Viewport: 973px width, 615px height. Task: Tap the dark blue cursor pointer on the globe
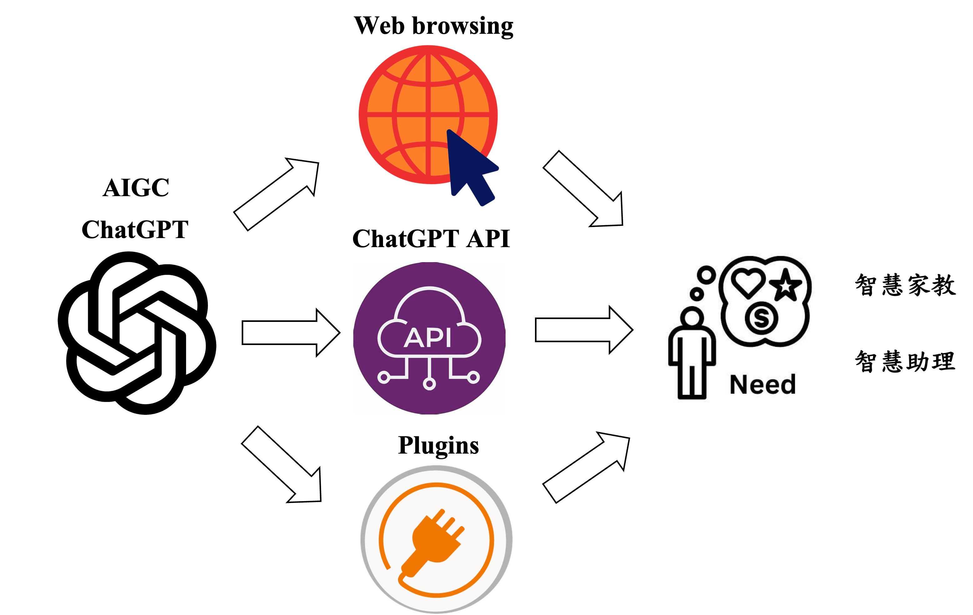click(x=469, y=166)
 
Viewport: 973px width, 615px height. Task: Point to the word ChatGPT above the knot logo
click(x=135, y=229)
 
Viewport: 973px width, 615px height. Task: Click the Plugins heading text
click(x=438, y=445)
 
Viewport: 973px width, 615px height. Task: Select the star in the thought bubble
click(x=785, y=286)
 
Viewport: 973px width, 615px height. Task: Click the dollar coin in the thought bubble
click(x=761, y=318)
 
